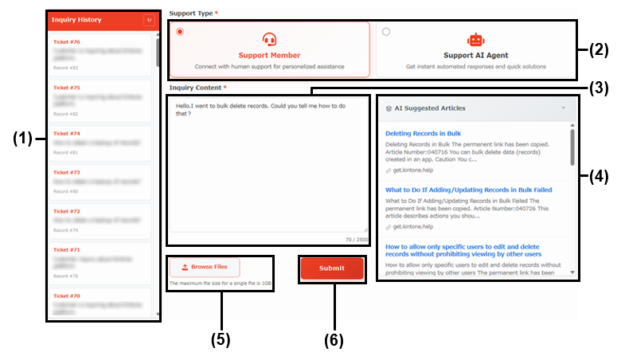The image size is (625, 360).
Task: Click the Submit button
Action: (x=332, y=268)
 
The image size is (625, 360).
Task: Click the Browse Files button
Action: (x=205, y=268)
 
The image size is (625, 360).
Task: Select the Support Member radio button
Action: (x=180, y=32)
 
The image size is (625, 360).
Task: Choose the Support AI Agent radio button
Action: (x=387, y=32)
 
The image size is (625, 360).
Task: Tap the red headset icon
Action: (x=269, y=40)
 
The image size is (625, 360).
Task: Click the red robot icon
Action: (x=475, y=40)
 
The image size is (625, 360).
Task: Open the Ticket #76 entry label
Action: (x=66, y=41)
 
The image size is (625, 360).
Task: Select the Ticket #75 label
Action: (x=66, y=88)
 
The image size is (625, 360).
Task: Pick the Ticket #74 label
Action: (x=66, y=134)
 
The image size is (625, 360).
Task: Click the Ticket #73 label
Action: (x=66, y=172)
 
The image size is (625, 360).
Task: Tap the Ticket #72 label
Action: (x=66, y=211)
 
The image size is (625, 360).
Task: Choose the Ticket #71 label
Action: (x=66, y=249)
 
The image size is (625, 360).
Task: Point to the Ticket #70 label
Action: (x=66, y=295)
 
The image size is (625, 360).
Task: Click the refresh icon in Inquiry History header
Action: (x=148, y=19)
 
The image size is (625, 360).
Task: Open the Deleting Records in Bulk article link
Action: (x=423, y=133)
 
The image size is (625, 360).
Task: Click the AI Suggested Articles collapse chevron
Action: (x=564, y=108)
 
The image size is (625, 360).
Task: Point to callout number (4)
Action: (x=599, y=177)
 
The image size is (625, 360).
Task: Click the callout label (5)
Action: (x=221, y=339)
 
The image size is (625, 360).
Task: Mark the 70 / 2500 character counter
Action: (x=356, y=239)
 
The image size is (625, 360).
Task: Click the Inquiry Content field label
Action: (x=196, y=87)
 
